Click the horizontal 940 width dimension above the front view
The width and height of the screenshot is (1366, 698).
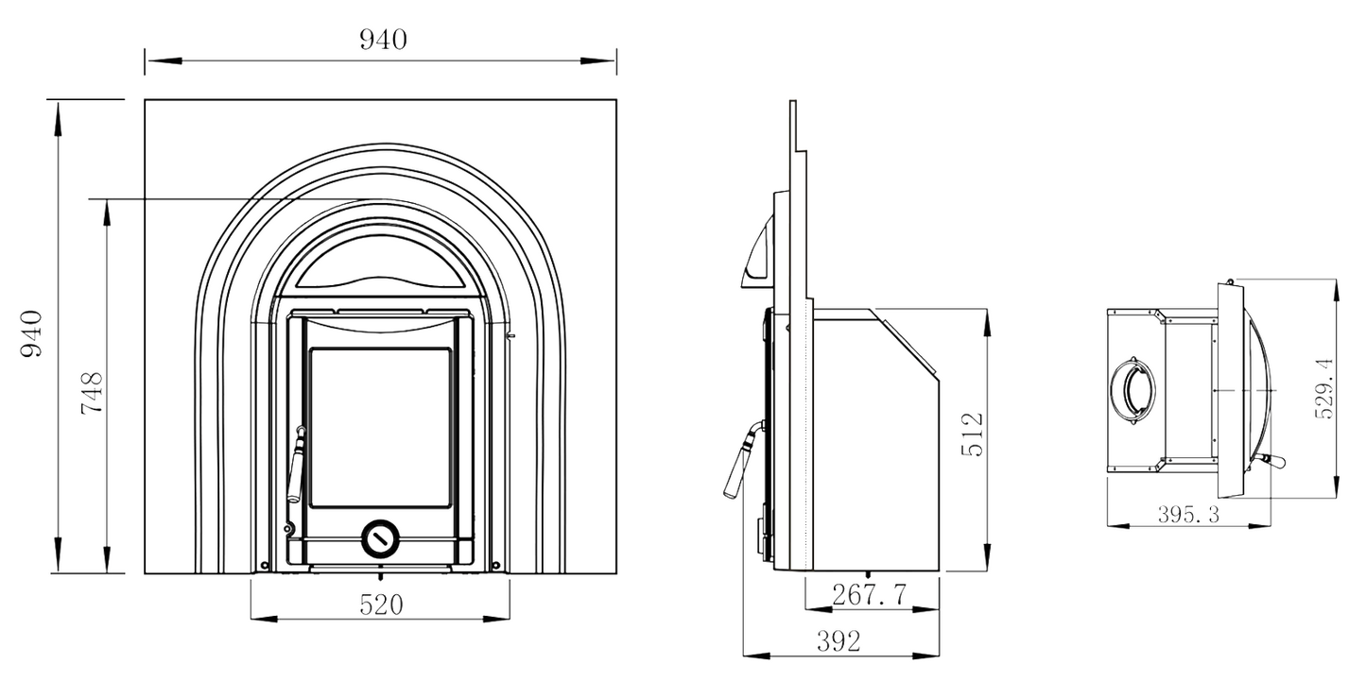point(382,40)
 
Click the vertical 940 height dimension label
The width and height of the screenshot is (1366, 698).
point(32,333)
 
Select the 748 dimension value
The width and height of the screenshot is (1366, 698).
point(90,392)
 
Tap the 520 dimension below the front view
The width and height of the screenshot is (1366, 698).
point(381,604)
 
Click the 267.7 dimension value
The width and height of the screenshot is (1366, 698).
point(869,594)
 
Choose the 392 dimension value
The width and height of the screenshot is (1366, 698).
point(839,641)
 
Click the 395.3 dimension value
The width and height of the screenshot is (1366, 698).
point(1188,514)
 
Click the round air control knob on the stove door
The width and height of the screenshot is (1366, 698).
point(380,538)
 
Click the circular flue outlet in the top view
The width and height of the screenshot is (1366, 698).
point(1132,388)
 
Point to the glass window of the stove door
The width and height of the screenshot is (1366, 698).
point(380,427)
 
